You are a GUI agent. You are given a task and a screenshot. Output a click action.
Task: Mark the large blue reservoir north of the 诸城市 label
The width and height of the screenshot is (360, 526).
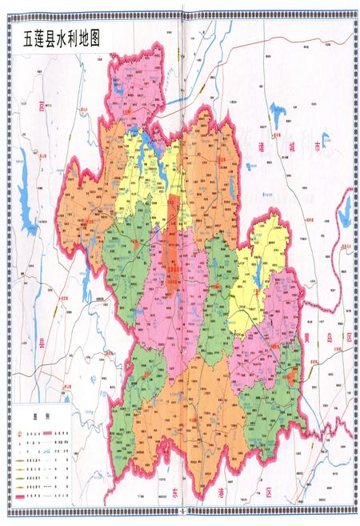click(282, 112)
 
